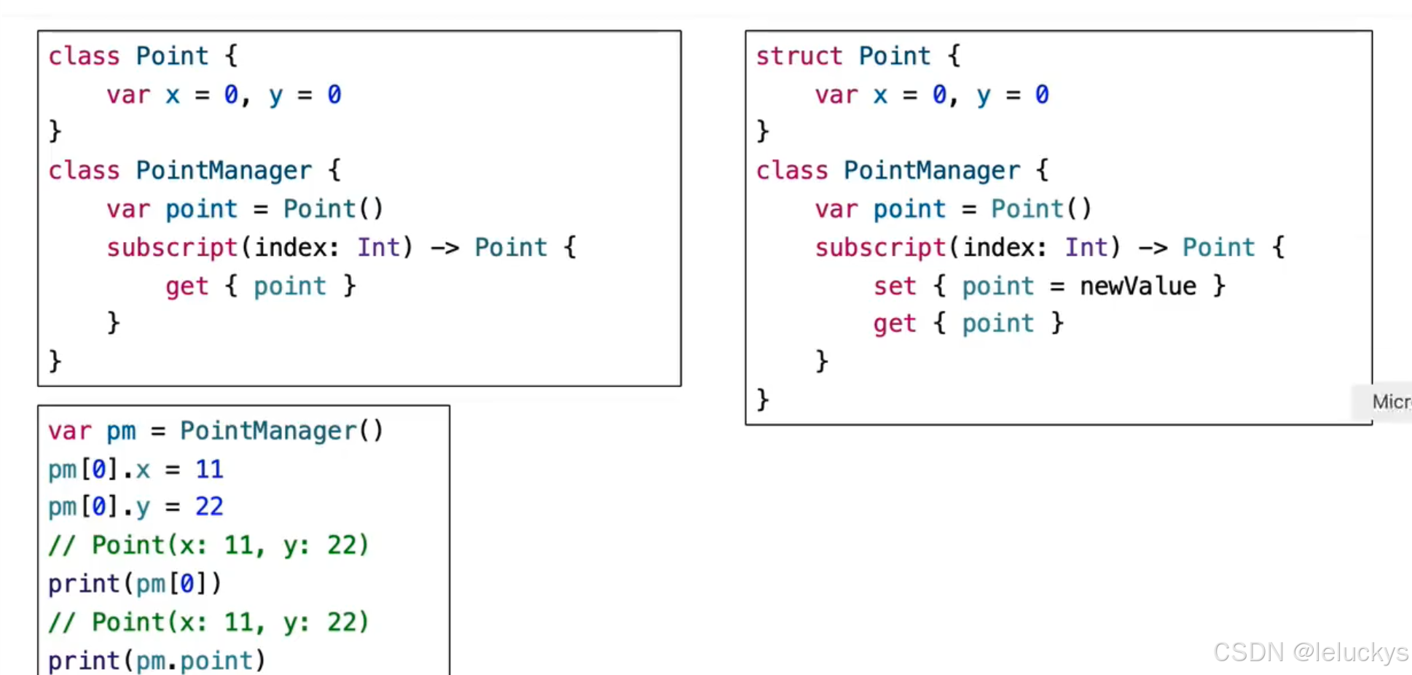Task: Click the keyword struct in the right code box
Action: tap(799, 56)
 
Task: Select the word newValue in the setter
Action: tap(1137, 286)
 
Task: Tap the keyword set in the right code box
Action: tap(895, 286)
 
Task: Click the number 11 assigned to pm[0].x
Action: tap(209, 469)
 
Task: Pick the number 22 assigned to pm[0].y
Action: tap(209, 507)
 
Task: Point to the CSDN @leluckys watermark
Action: tap(1310, 652)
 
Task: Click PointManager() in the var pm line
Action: tap(281, 431)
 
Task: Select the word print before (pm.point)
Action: tap(84, 660)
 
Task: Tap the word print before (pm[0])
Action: tap(84, 583)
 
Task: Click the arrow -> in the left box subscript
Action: tap(444, 248)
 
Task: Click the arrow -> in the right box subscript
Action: tap(1153, 248)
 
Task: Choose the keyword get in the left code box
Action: tap(187, 286)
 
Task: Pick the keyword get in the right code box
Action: tap(895, 324)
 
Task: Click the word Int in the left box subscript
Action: tap(378, 248)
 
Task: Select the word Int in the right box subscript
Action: tap(1086, 248)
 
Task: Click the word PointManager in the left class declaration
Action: tap(224, 171)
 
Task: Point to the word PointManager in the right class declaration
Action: tap(932, 171)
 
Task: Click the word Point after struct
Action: tap(894, 56)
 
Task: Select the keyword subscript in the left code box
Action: tap(172, 248)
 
